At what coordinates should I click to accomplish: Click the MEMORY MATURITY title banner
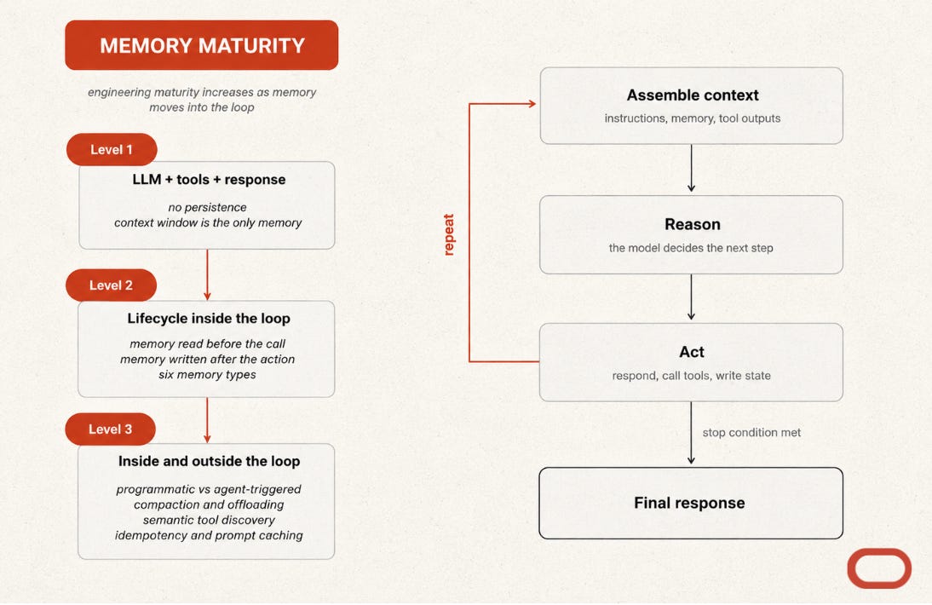click(x=202, y=45)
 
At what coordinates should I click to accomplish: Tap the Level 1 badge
click(x=112, y=150)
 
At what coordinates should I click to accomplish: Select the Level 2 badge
click(x=111, y=285)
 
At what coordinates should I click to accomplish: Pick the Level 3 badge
click(x=111, y=429)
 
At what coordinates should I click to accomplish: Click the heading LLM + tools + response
click(x=210, y=180)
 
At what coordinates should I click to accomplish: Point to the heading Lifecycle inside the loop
click(x=209, y=319)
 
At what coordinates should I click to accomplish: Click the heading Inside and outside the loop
click(x=210, y=461)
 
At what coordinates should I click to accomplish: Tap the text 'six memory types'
click(x=207, y=374)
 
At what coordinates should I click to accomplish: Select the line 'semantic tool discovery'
click(x=210, y=520)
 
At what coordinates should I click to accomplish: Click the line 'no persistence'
click(x=207, y=207)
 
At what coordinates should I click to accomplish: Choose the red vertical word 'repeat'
click(x=449, y=234)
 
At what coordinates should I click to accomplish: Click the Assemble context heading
click(x=693, y=95)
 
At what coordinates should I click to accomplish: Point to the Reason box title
click(x=693, y=224)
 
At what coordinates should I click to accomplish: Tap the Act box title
click(x=692, y=352)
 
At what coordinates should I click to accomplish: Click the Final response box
click(x=691, y=504)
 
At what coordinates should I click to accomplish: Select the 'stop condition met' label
click(x=752, y=433)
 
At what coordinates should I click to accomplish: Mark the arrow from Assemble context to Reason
click(x=691, y=168)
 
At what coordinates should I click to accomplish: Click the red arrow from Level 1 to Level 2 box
click(x=207, y=274)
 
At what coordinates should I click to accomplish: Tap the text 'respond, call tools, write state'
click(x=691, y=376)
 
